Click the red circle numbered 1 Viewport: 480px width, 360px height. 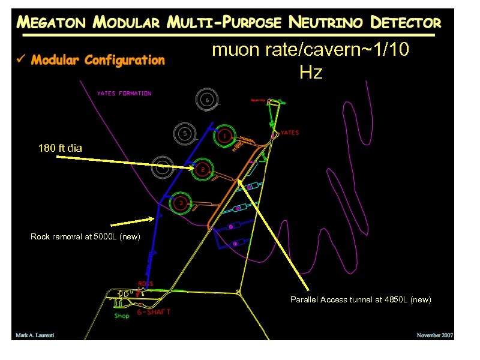[x=224, y=136]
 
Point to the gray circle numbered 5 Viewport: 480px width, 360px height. [x=185, y=133]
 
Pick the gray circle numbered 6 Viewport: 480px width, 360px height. [x=207, y=100]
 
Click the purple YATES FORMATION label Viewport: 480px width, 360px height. [x=124, y=94]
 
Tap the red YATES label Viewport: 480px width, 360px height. [x=290, y=133]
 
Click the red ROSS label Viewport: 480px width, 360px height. [x=146, y=284]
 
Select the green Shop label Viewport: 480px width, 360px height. [x=122, y=316]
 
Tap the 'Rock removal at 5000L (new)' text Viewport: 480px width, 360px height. [x=85, y=237]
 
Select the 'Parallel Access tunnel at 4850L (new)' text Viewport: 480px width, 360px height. [x=361, y=299]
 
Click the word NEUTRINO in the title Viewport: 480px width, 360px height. [x=326, y=23]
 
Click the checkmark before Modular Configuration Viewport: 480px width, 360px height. [x=21, y=60]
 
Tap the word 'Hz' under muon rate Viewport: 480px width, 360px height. [x=311, y=73]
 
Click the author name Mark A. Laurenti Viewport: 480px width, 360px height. [x=35, y=335]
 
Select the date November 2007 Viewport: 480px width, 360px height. [x=435, y=335]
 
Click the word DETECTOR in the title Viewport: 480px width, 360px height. [x=406, y=23]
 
